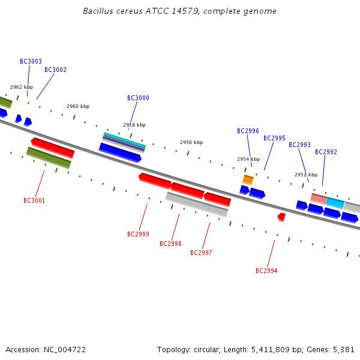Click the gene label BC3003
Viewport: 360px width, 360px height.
click(x=31, y=61)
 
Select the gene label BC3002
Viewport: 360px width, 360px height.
click(x=55, y=70)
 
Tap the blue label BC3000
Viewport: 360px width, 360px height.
click(x=138, y=98)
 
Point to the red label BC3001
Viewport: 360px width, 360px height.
click(x=34, y=200)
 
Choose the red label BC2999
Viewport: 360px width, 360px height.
click(x=138, y=234)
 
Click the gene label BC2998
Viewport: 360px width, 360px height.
click(x=170, y=244)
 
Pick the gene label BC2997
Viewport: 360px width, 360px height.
click(x=201, y=253)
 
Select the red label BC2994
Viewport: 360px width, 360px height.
click(x=266, y=271)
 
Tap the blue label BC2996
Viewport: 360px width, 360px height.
click(x=248, y=131)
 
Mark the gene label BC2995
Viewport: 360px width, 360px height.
click(x=274, y=138)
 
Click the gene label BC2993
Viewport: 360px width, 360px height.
click(x=299, y=145)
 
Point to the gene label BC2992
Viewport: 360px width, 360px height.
click(x=326, y=152)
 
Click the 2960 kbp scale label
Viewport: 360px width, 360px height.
click(x=78, y=106)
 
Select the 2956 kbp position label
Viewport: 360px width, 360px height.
click(x=191, y=142)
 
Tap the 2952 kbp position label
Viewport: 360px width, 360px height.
click(x=305, y=175)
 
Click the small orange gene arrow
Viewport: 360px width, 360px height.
click(x=248, y=179)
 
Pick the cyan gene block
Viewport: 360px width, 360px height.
click(x=335, y=203)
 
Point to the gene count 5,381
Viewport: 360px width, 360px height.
click(x=343, y=349)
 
